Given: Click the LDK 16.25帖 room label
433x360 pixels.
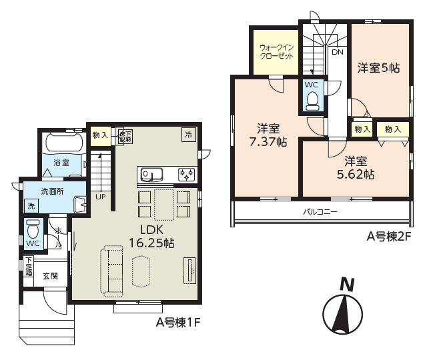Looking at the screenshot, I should click(153, 236).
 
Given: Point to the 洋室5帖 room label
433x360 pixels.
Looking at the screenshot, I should click(378, 67).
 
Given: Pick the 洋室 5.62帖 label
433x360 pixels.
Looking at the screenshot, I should click(355, 167).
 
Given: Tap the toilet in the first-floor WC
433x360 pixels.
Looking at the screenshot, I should click(33, 231).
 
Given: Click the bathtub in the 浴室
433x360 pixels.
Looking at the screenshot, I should click(62, 144).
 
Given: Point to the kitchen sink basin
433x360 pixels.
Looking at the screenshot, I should click(151, 175).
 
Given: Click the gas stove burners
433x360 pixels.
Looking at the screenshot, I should click(186, 175).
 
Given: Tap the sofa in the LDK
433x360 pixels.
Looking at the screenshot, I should click(112, 270).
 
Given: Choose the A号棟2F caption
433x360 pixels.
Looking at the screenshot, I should click(386, 235).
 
